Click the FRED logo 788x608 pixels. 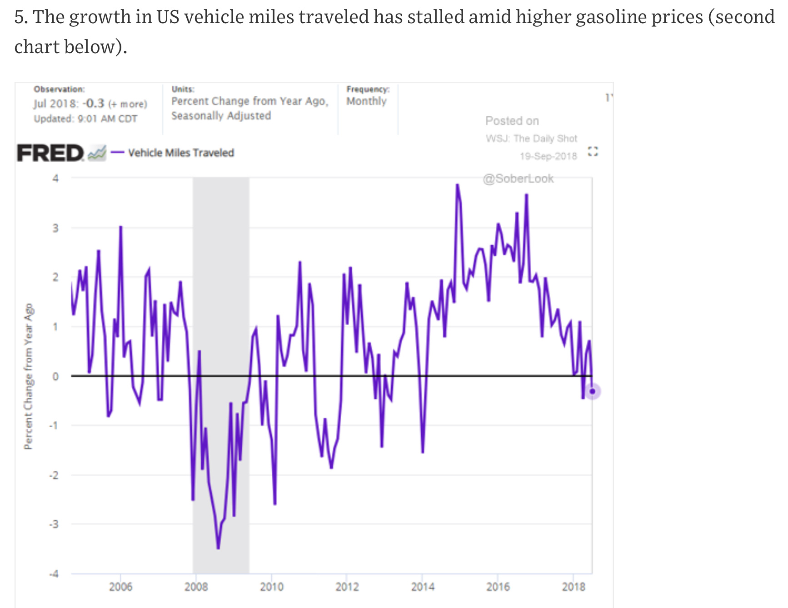point(50,153)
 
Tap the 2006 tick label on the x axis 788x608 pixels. point(120,587)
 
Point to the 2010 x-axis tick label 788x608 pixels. point(272,587)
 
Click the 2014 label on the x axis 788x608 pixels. point(423,587)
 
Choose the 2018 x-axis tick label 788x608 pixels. point(574,587)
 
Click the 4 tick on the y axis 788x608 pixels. point(55,178)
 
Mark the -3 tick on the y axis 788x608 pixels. point(54,524)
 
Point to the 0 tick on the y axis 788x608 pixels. point(55,376)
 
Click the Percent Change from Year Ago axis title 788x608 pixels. point(29,376)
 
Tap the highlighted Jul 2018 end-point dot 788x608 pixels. point(592,391)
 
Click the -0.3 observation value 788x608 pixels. point(94,104)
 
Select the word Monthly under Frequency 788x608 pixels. point(366,101)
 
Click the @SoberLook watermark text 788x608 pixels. point(518,178)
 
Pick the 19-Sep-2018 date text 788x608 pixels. point(548,156)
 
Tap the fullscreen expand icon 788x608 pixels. point(593,151)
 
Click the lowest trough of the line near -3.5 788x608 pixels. point(218,548)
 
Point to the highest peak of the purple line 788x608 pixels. point(458,185)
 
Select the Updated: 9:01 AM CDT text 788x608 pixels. point(85,119)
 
